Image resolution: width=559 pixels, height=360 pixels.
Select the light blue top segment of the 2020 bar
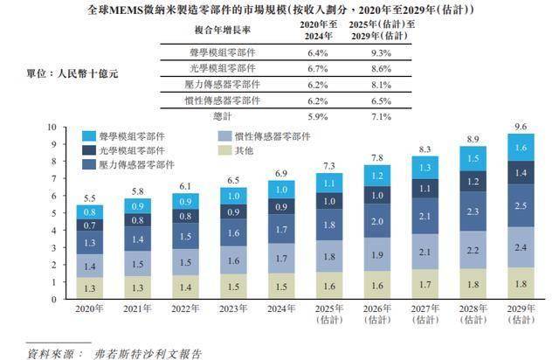point(91,211)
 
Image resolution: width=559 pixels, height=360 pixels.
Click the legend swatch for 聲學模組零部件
point(89,136)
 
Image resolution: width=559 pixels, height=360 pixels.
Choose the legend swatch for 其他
point(224,151)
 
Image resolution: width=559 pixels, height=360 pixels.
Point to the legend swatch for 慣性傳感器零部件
point(224,136)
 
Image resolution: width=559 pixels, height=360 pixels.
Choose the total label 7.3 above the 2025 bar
point(328,165)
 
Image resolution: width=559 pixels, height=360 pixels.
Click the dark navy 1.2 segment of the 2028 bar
point(473,182)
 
